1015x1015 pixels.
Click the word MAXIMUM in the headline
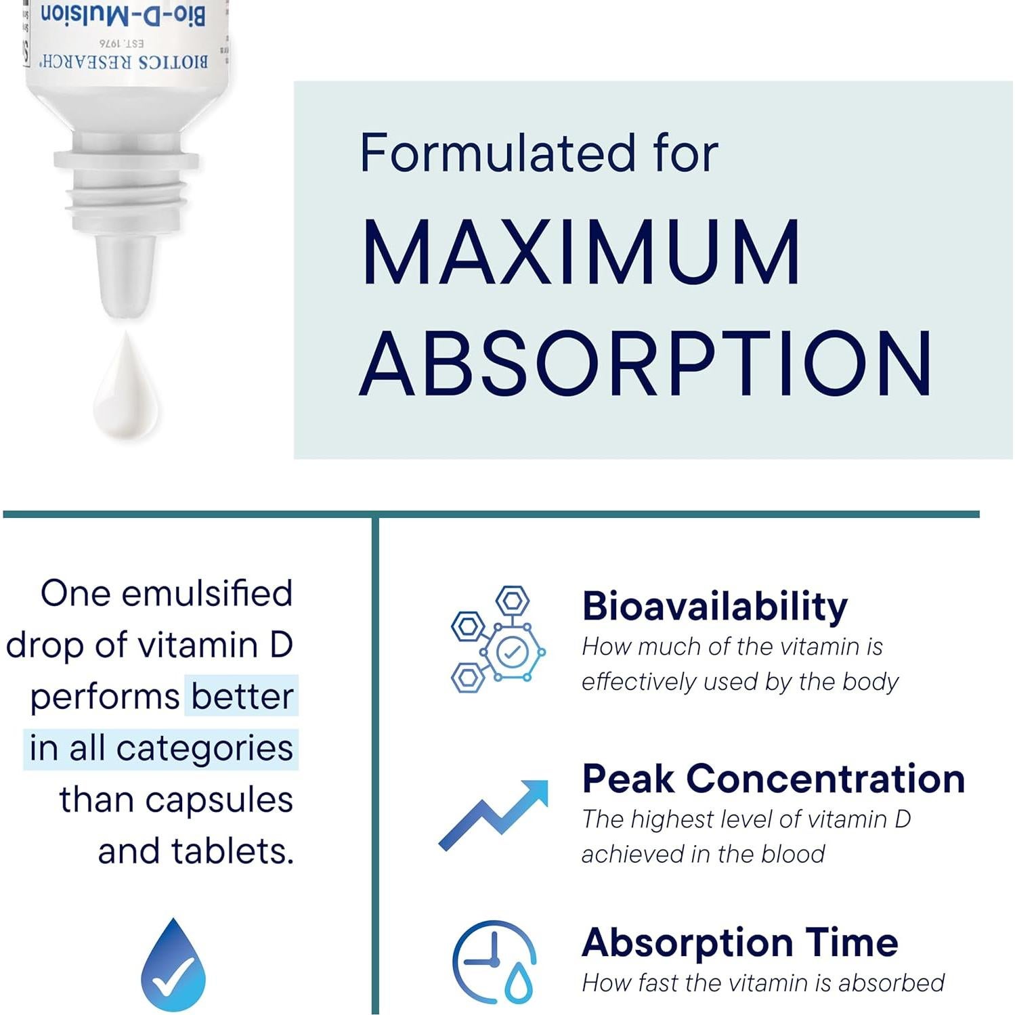[581, 252]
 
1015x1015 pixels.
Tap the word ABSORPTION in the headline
[645, 364]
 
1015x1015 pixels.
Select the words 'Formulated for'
[538, 153]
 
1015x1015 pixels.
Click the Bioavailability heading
[714, 606]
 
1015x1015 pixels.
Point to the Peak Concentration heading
[773, 779]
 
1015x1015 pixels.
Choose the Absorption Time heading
[740, 943]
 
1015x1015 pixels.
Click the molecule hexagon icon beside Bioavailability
[498, 639]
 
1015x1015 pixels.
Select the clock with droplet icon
[494, 962]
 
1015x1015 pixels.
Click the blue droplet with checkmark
[173, 964]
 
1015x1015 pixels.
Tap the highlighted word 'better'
[242, 696]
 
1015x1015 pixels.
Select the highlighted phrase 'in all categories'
[161, 748]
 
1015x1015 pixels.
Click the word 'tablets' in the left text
[229, 851]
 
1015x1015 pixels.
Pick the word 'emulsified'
[207, 593]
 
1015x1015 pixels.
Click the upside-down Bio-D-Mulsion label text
[123, 15]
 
